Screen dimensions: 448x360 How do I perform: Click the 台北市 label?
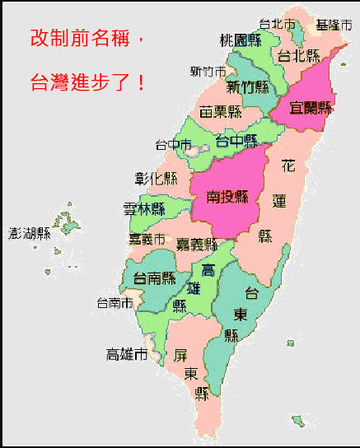point(277,24)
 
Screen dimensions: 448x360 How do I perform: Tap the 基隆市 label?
point(334,26)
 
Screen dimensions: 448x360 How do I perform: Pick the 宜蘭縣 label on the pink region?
point(311,107)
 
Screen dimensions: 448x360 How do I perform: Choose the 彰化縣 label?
point(156,177)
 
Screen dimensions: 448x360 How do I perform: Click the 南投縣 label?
point(228,196)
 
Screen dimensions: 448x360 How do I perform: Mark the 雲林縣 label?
point(144,208)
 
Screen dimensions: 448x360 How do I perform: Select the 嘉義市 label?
point(148,239)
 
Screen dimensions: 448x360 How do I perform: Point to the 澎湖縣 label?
point(30,233)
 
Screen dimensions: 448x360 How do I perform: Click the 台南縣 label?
point(155,278)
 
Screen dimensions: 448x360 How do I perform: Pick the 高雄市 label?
point(128,355)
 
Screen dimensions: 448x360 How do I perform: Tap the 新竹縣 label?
point(249,86)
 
